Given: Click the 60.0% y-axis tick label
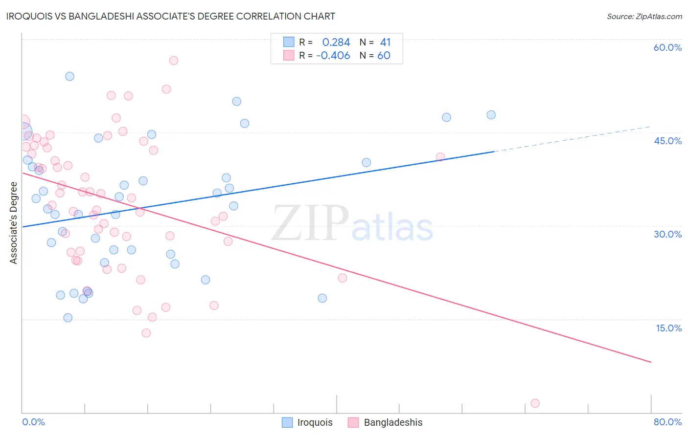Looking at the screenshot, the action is coord(667,47).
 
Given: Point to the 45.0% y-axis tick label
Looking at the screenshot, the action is coord(667,141).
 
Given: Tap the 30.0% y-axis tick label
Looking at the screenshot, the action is coord(667,235).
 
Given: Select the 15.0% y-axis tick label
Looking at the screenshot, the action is coord(668,328).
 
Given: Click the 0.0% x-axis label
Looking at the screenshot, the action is coord(33,422).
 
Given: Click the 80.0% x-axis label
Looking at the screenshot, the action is coord(667,422).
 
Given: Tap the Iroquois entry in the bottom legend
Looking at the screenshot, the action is coord(307,422).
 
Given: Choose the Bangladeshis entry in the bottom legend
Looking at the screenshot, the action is coord(385,422).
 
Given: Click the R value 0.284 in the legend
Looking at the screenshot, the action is coord(336,42).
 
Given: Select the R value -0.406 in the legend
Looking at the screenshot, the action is coord(333,56).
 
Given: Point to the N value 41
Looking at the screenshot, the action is coord(385,42).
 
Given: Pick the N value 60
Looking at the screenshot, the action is coord(384,56).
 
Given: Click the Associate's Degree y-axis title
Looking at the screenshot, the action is coord(14,223).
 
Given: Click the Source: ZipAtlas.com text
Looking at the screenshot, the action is coord(644,17).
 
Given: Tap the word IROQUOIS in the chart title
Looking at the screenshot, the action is coord(29,16).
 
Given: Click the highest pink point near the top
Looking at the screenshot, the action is coord(174,61).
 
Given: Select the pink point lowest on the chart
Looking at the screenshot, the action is coord(535,403).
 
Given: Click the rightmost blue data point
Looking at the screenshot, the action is coord(491,115).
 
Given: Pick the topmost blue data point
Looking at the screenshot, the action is coord(69,76).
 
